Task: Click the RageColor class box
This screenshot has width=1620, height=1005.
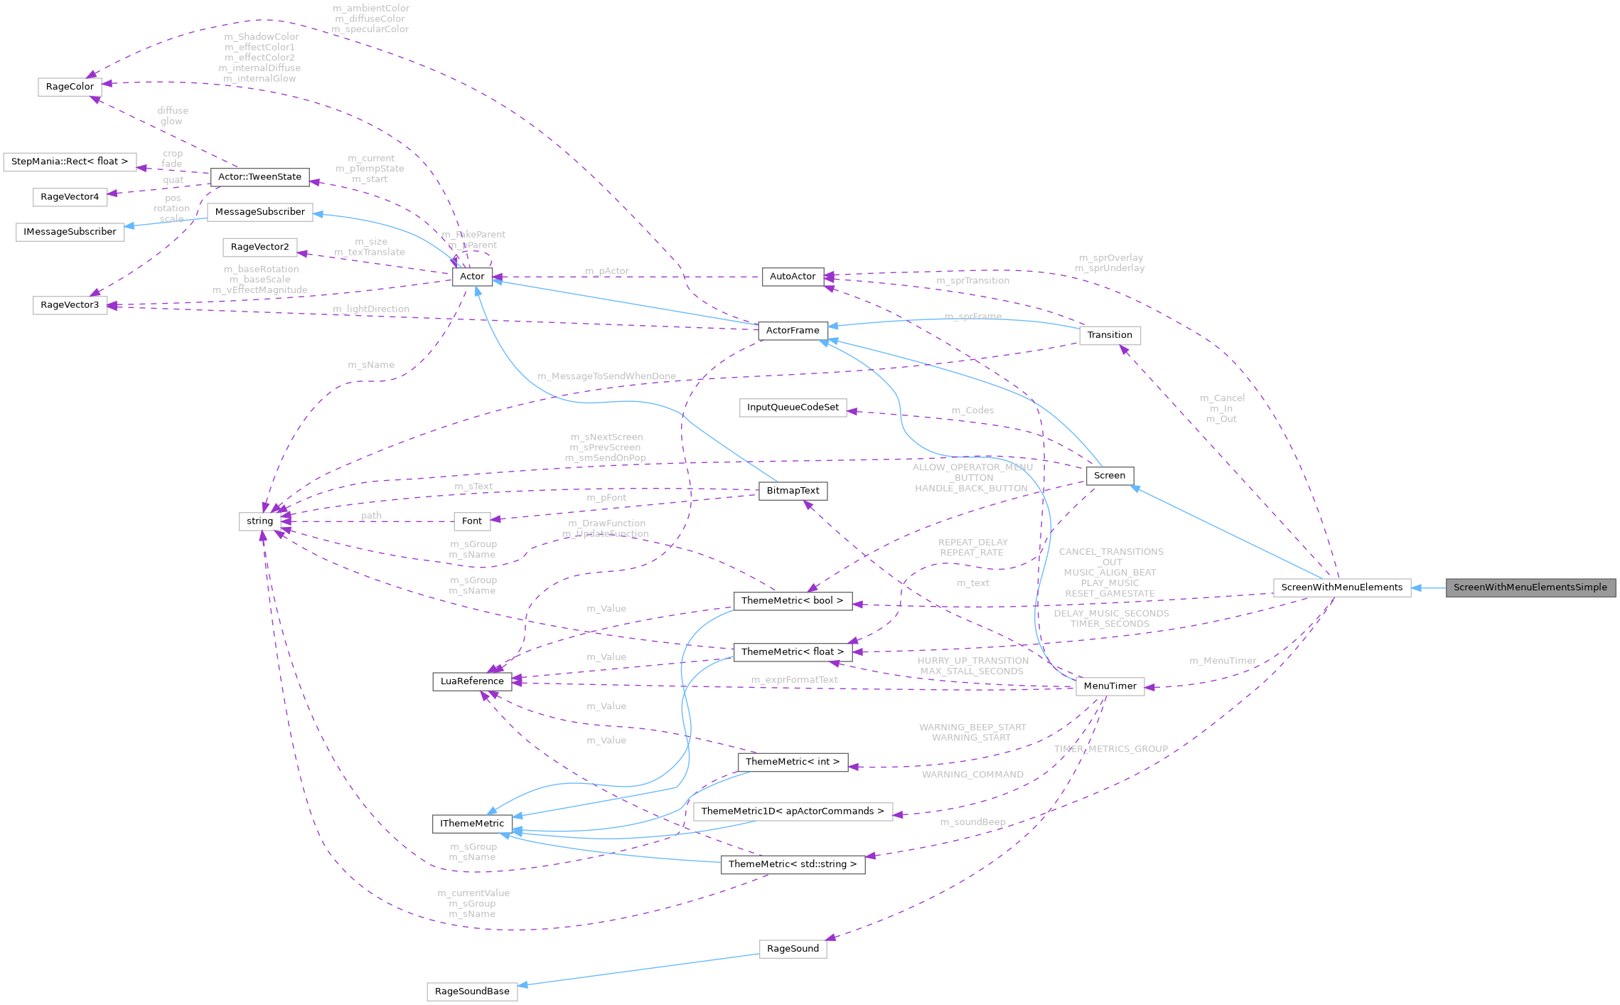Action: tap(70, 87)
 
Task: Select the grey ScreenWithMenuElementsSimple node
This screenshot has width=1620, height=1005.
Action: tap(1530, 587)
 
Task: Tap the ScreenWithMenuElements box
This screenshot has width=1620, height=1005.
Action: tap(1341, 587)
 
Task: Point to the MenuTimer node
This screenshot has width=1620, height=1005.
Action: tap(1110, 686)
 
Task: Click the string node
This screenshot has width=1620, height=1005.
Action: tap(259, 521)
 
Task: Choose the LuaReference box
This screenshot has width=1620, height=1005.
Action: tap(472, 681)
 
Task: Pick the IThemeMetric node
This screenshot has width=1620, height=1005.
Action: tap(472, 824)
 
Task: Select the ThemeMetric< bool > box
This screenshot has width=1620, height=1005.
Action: tap(792, 601)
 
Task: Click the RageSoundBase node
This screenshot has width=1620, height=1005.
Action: tap(472, 991)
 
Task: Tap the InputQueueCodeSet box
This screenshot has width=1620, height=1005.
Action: tap(793, 408)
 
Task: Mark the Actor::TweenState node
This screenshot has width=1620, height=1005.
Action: tap(259, 177)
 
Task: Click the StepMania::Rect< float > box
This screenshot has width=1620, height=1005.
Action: tap(70, 161)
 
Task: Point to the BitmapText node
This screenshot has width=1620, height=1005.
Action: tap(793, 491)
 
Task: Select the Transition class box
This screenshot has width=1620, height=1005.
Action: tap(1110, 335)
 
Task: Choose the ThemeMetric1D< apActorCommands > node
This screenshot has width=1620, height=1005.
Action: tap(793, 812)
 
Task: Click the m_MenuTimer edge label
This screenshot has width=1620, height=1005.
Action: tap(1223, 661)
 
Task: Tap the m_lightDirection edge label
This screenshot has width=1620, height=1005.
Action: tap(371, 309)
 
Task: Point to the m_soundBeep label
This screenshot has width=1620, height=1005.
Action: tap(972, 822)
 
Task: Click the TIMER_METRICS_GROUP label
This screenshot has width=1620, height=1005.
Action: tap(1110, 750)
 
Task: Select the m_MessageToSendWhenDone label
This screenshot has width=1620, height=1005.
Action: tap(606, 376)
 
